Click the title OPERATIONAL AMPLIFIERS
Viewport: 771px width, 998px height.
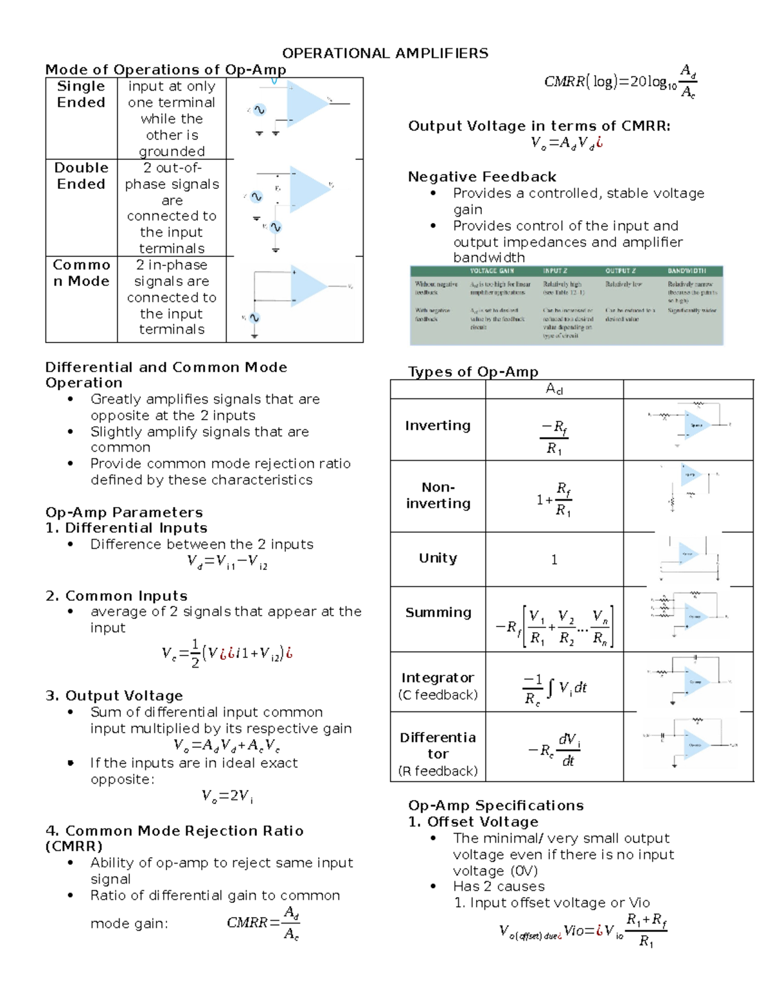tap(385, 53)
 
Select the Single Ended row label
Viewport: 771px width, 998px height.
tap(81, 94)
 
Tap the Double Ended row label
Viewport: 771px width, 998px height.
tap(81, 176)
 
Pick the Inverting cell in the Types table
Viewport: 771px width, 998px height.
tap(438, 425)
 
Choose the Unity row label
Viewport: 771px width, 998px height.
tap(438, 558)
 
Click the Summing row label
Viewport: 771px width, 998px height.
tap(438, 612)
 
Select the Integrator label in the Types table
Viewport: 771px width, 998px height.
tap(438, 678)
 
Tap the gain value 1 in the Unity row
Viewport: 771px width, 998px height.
tap(554, 560)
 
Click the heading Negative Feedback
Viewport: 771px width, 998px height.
tap(482, 177)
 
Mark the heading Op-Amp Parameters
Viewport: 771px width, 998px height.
tap(124, 512)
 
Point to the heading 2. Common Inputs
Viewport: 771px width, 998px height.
tap(116, 596)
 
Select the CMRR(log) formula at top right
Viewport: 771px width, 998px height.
tap(620, 82)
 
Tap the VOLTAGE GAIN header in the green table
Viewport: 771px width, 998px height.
tap(492, 271)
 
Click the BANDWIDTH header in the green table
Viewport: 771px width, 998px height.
tap(686, 271)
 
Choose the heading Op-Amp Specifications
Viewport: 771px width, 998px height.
tap(495, 805)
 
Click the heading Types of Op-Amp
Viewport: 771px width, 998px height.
tap(473, 371)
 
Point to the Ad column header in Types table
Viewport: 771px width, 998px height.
tap(554, 389)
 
